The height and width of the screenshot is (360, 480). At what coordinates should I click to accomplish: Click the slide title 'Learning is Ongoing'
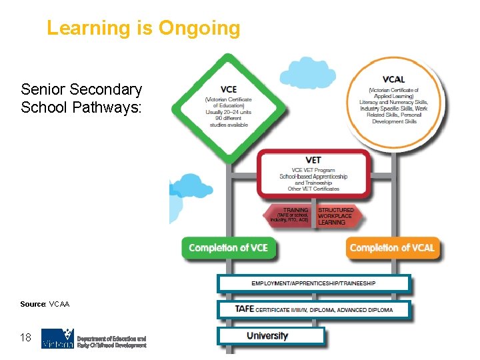[x=143, y=29]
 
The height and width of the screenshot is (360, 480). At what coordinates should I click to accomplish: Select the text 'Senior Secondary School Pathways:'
[x=81, y=99]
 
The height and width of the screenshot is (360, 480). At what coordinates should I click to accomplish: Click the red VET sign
[x=313, y=175]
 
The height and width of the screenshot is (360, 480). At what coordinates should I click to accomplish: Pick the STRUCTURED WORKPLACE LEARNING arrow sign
[x=336, y=215]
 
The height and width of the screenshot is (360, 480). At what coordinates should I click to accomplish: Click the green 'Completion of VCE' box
[x=228, y=248]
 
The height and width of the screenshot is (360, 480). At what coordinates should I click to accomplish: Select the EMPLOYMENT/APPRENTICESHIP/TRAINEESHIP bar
[x=313, y=283]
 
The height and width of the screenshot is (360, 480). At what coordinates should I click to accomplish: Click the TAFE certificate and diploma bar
[x=313, y=309]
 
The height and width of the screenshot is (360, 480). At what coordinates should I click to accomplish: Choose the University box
[x=271, y=336]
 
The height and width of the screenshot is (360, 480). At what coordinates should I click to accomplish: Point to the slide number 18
[x=26, y=338]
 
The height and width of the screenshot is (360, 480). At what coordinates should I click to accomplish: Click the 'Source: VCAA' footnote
[x=45, y=304]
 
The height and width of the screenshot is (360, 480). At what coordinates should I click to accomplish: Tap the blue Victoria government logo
[x=57, y=339]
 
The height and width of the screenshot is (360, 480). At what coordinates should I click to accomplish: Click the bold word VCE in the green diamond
[x=228, y=90]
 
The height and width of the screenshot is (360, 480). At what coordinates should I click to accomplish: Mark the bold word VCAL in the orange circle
[x=393, y=79]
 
